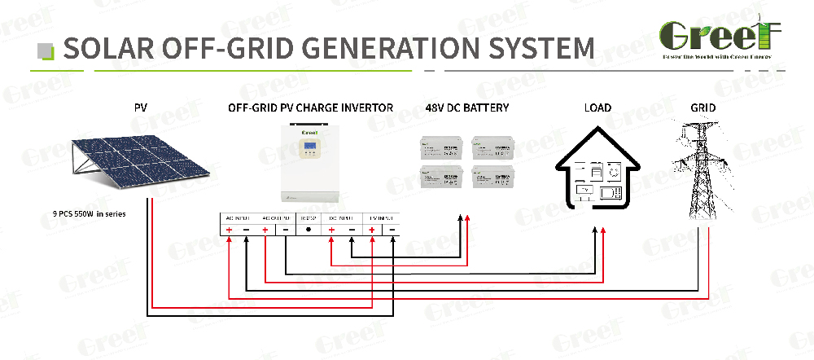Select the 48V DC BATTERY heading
[466, 108]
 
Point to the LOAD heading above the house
[597, 108]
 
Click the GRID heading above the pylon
[702, 108]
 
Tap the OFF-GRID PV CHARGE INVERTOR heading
[310, 108]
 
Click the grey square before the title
[47, 50]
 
